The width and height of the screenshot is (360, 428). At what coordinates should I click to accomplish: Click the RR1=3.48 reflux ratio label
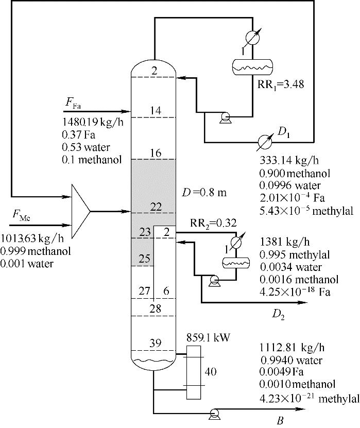pyautogui.click(x=281, y=84)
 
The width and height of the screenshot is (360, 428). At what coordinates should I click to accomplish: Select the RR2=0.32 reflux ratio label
pyautogui.click(x=213, y=224)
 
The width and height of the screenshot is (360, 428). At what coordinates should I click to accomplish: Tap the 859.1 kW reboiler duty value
pyautogui.click(x=208, y=338)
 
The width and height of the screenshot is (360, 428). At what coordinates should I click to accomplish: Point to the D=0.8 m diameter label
pyautogui.click(x=204, y=193)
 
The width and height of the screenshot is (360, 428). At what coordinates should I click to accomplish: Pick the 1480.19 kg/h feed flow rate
pyautogui.click(x=93, y=122)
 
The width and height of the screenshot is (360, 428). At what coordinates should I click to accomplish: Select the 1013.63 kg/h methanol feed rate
pyautogui.click(x=32, y=238)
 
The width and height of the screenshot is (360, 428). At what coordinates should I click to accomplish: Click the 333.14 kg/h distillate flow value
pyautogui.click(x=289, y=160)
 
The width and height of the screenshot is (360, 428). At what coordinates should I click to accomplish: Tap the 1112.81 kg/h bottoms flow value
pyautogui.click(x=292, y=348)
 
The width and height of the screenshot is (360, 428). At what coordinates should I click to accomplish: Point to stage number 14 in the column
pyautogui.click(x=156, y=111)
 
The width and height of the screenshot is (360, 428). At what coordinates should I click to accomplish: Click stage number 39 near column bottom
pyautogui.click(x=156, y=343)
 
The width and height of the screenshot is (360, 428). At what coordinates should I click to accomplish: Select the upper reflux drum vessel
pyautogui.click(x=252, y=67)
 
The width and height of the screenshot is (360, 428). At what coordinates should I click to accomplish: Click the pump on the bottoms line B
pyautogui.click(x=214, y=414)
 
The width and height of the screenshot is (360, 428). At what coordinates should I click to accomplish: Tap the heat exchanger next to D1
pyautogui.click(x=265, y=142)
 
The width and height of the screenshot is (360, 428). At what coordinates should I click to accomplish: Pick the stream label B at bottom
pyautogui.click(x=280, y=421)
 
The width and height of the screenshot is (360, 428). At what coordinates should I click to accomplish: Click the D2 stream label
pyautogui.click(x=278, y=315)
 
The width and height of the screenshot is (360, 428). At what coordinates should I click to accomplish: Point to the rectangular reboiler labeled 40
pyautogui.click(x=194, y=372)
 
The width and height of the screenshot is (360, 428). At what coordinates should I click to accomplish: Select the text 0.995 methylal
pyautogui.click(x=295, y=254)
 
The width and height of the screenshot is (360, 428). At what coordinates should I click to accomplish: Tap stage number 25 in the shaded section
pyautogui.click(x=144, y=258)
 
